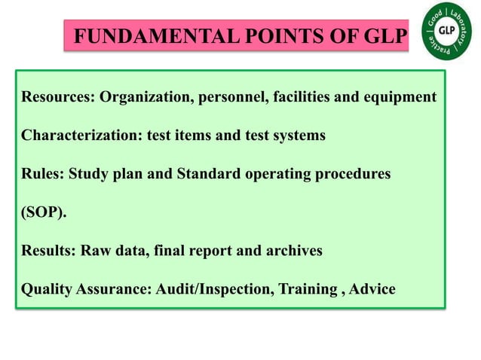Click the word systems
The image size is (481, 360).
299,136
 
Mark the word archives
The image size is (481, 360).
294,251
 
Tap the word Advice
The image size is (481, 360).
373,289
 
